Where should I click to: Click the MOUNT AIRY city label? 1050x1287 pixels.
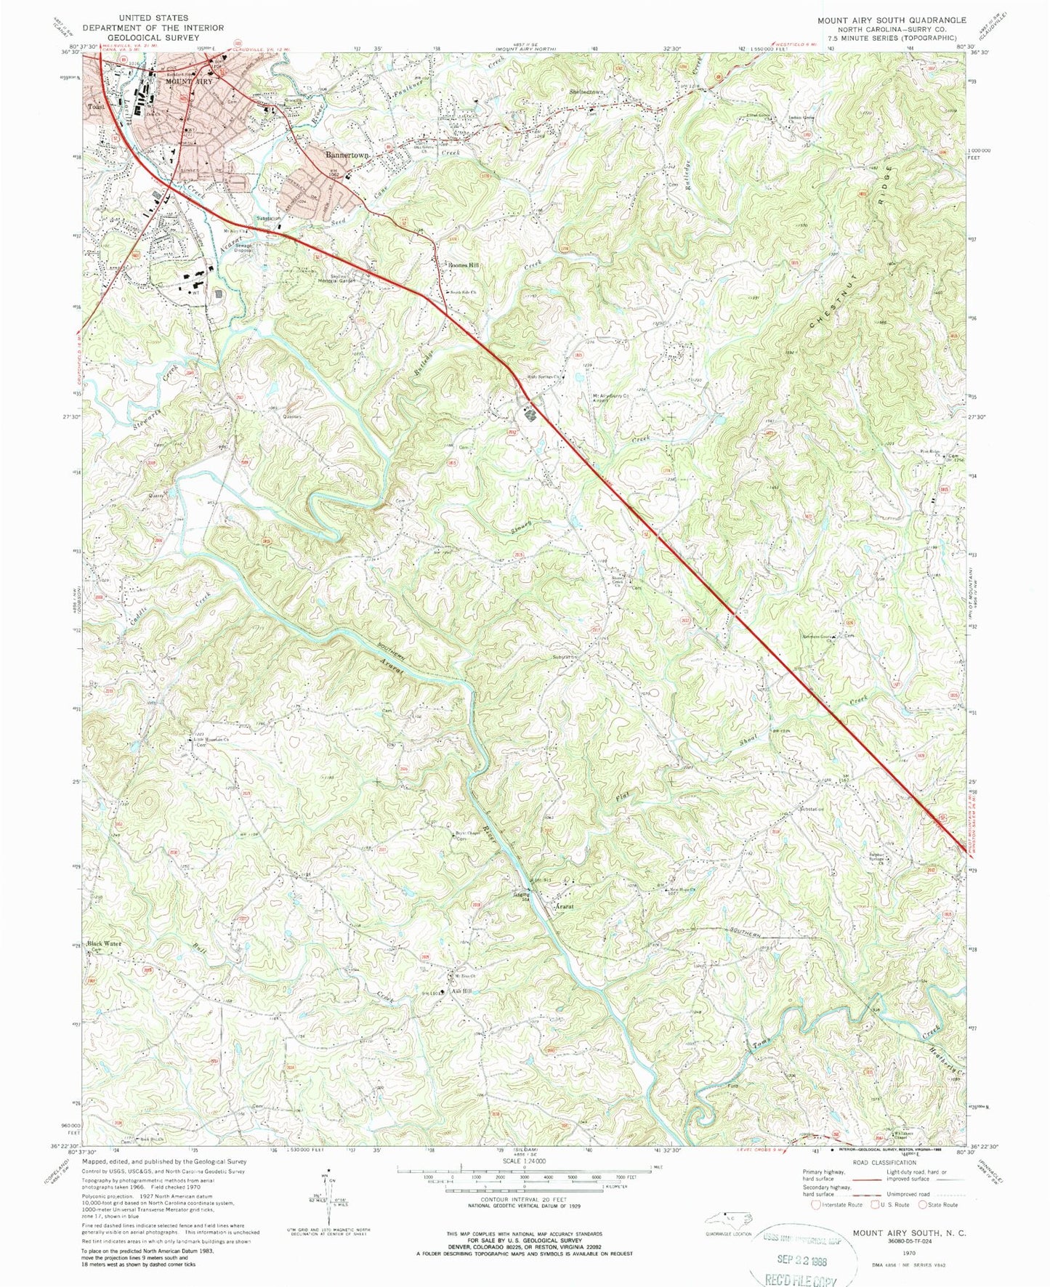[182, 82]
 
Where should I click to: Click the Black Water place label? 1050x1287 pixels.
[105, 943]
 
